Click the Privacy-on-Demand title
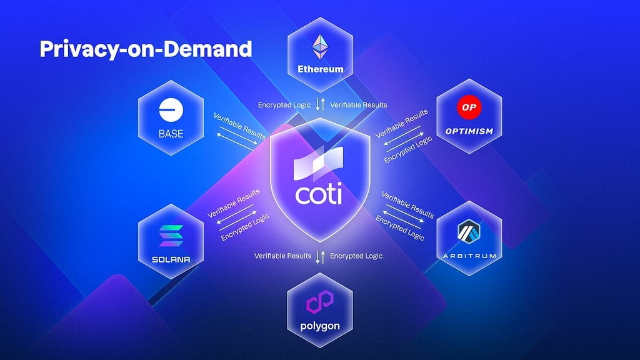pos(146,49)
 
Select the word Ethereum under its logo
pos(320,69)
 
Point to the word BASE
pos(170,133)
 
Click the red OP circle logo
pos(469,107)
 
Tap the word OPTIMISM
pos(469,131)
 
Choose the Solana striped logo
pos(170,237)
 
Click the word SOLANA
pos(170,259)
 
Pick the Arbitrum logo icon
pos(469,234)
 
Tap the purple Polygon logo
pos(320,304)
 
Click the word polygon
pos(320,326)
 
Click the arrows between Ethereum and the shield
pos(320,105)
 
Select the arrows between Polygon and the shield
pos(320,256)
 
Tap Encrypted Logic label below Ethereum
pos(284,105)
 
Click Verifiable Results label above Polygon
pos(282,256)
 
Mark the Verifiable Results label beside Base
pos(239,126)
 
